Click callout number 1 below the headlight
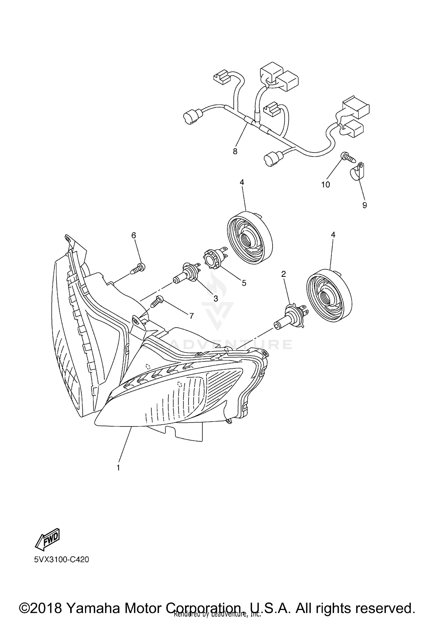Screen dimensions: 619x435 (118, 468)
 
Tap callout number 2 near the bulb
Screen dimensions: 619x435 (284, 274)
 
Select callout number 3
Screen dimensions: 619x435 (215, 299)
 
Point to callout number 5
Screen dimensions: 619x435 (244, 283)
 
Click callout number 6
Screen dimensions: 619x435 (134, 235)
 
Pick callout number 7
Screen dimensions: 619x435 (191, 316)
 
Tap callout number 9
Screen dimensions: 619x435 (365, 205)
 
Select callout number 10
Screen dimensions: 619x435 (326, 184)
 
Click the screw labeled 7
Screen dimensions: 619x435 (157, 301)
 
